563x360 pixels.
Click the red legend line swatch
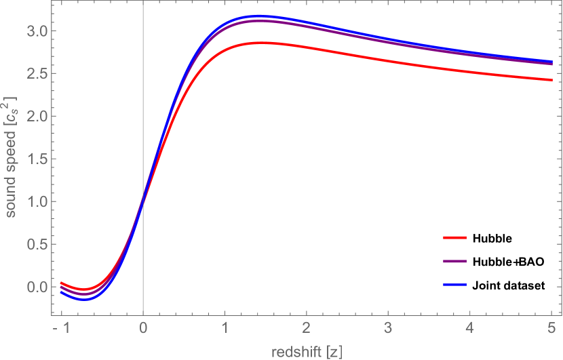click(x=454, y=238)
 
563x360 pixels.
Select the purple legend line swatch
click(x=454, y=261)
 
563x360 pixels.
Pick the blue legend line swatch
click(x=454, y=284)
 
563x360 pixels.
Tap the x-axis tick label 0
click(x=143, y=328)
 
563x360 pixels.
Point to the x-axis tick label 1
click(x=225, y=328)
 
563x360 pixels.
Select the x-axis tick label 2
click(x=307, y=328)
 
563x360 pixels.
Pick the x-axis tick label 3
click(x=388, y=328)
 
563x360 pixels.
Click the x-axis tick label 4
click(x=469, y=328)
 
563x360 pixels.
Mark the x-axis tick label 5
click(x=551, y=328)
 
